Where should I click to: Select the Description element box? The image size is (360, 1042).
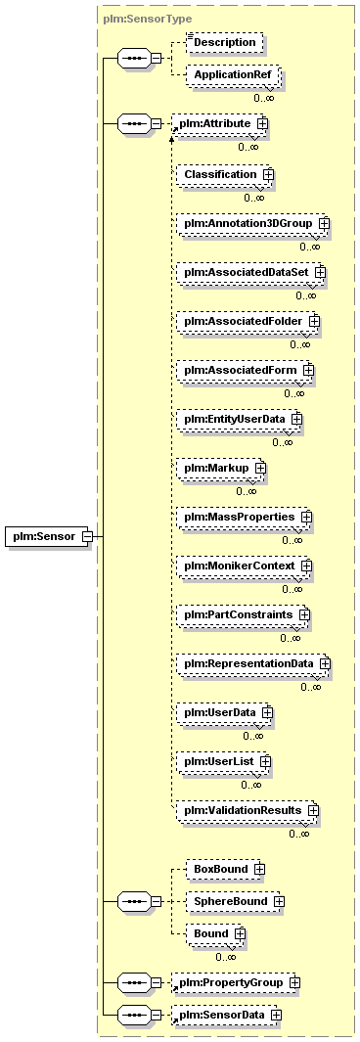coord(224,42)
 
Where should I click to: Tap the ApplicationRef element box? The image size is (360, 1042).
coord(232,75)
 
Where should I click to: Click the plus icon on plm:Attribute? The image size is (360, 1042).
coord(262,124)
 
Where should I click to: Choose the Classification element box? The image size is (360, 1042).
coord(224,174)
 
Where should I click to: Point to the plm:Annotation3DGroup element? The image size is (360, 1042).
coord(251,223)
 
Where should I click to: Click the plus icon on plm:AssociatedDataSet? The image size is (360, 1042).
coord(320,272)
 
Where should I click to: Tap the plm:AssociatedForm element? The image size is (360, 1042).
coord(244,370)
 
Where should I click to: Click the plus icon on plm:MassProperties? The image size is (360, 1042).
coord(305,517)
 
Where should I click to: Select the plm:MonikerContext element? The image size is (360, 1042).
coord(244,566)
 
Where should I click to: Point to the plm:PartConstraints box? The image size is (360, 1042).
coord(242,614)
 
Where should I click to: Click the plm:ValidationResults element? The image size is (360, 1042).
coord(247,811)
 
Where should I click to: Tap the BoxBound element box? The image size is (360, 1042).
coord(224,869)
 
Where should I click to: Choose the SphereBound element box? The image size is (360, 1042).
coord(234,902)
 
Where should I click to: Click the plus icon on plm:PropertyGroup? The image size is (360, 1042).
coord(294,982)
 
